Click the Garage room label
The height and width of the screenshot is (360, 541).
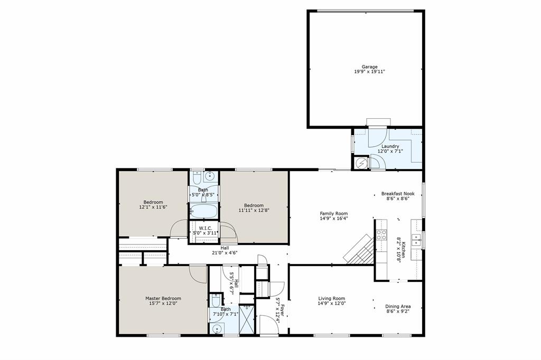(x=369, y=67)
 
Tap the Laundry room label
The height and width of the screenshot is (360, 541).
(x=390, y=146)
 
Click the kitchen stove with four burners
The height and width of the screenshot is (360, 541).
(x=381, y=234)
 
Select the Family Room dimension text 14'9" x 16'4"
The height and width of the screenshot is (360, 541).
(x=333, y=219)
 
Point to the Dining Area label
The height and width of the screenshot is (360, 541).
(x=398, y=307)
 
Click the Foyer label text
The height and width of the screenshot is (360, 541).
(x=283, y=309)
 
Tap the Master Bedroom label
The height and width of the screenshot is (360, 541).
(x=163, y=298)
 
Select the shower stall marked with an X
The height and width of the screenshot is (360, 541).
(x=247, y=320)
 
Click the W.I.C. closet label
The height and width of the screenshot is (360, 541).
(x=206, y=229)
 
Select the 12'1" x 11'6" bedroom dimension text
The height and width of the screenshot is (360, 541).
(x=153, y=207)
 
